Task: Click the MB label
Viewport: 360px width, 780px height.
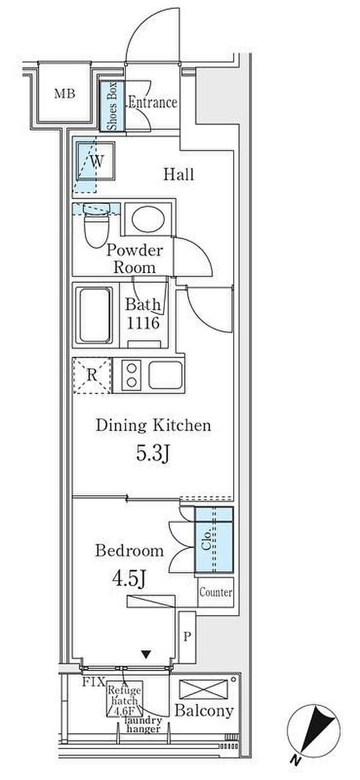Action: coord(65,94)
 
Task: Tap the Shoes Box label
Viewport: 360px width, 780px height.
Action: coord(112,106)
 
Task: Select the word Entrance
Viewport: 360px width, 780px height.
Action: coord(153,102)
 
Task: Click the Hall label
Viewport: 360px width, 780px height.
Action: coord(179,174)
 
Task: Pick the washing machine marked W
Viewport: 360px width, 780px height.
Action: coord(96,160)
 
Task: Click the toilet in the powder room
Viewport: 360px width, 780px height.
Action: coord(97,225)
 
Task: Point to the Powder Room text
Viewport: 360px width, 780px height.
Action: coord(134,259)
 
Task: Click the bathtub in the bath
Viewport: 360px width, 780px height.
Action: coord(95,315)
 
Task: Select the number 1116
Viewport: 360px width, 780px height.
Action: coord(143,323)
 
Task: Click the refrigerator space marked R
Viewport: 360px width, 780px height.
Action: coord(92,375)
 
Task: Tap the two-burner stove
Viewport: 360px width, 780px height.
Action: coord(132,375)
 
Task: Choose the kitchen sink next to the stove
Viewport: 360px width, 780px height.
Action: coord(166,375)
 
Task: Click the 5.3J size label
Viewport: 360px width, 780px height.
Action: coord(153,454)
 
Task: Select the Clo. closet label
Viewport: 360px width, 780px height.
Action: coord(206,539)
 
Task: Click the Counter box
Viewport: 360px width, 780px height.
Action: coord(216,592)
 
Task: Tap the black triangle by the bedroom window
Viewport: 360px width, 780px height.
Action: coord(146,655)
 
